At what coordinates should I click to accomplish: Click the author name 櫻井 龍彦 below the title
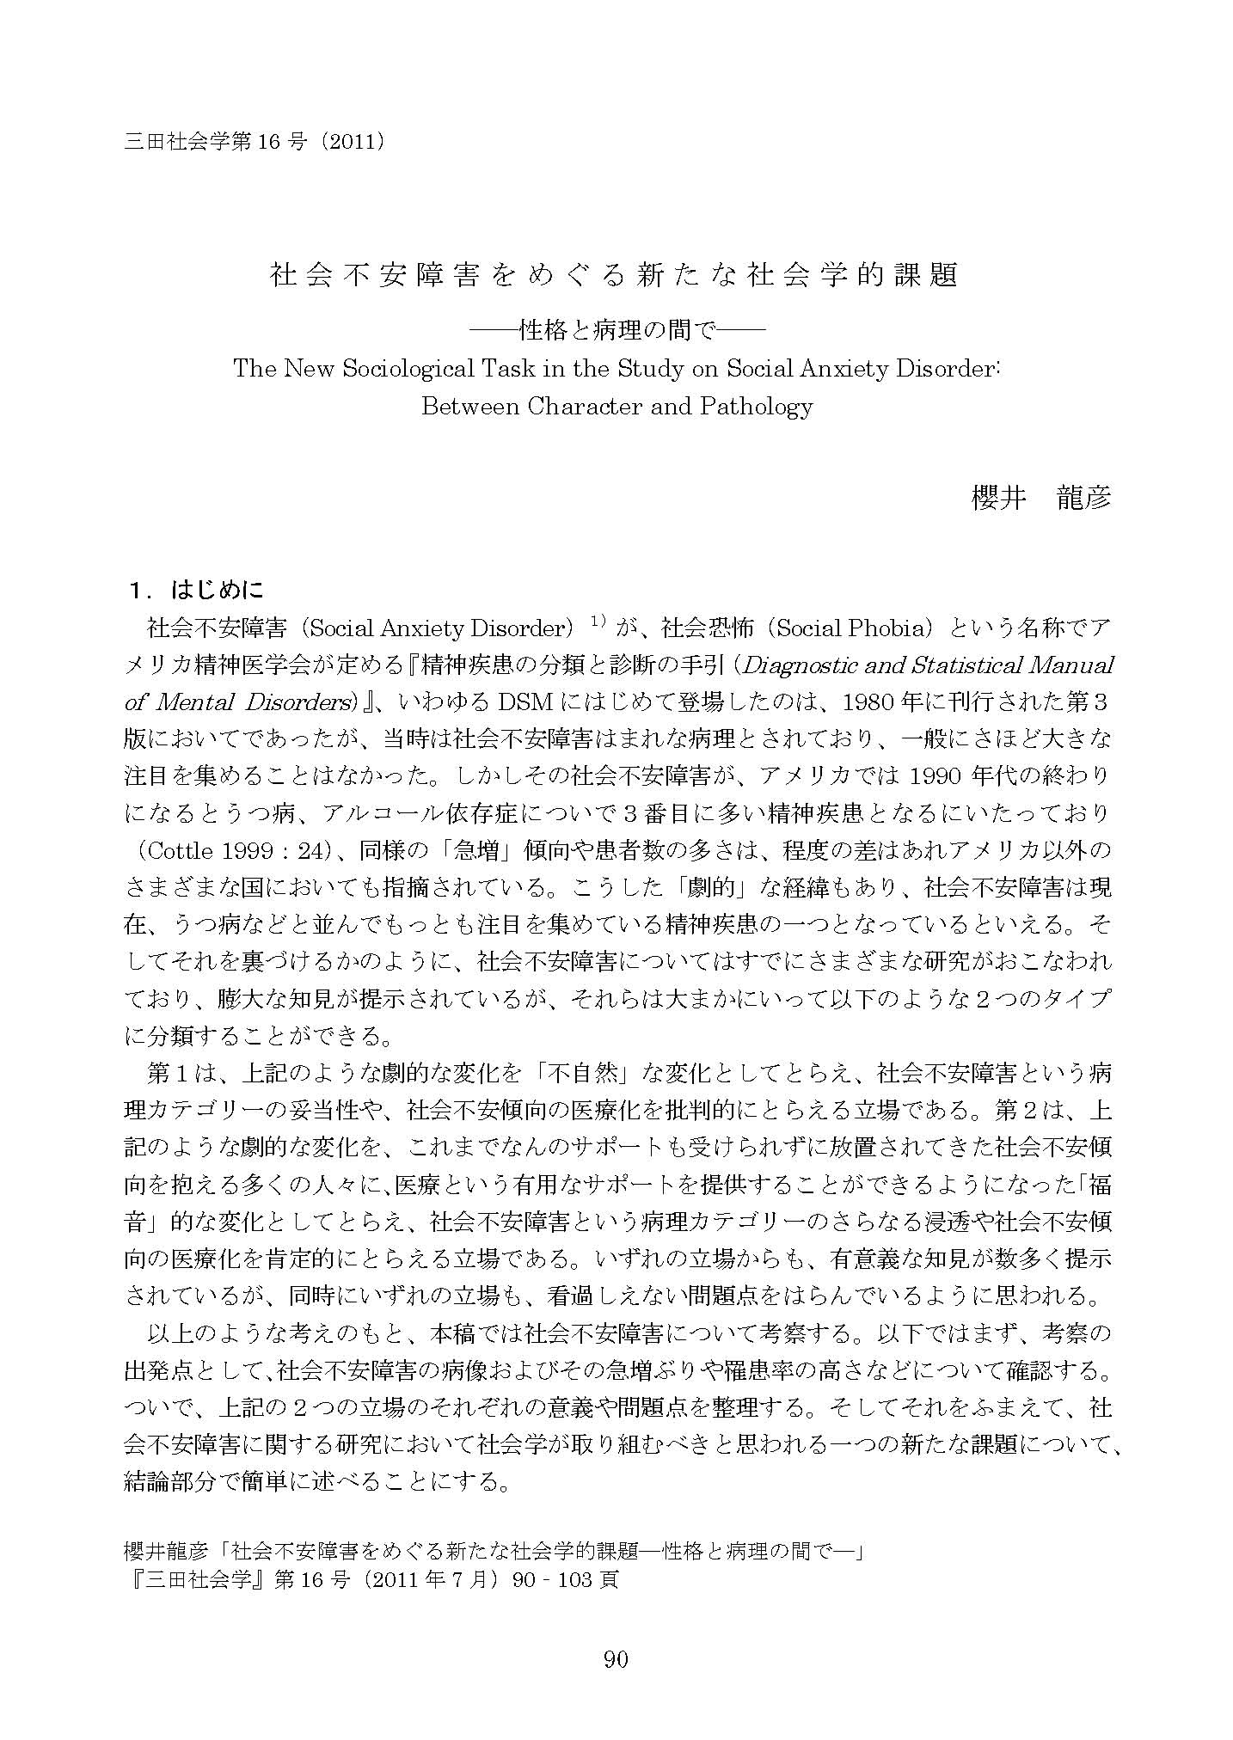1040,497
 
